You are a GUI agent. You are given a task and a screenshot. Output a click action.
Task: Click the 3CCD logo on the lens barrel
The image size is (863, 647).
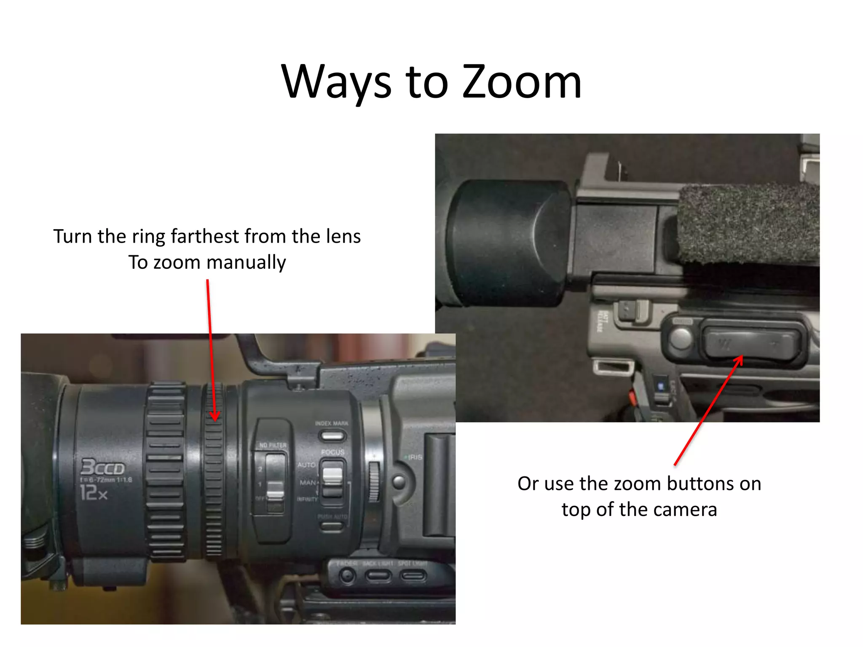coord(103,468)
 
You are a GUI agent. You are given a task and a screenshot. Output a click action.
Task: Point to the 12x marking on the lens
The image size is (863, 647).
coord(94,492)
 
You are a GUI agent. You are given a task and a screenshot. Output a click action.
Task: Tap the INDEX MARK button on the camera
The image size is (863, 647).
coord(332,436)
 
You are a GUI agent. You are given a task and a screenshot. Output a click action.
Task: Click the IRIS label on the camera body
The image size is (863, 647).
coord(415,457)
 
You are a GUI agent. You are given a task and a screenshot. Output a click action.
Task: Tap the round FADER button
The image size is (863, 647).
coord(347,575)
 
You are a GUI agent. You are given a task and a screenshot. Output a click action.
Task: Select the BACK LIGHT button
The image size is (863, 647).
coord(378,575)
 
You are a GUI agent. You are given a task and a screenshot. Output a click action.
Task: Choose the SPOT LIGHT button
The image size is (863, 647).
coord(413,575)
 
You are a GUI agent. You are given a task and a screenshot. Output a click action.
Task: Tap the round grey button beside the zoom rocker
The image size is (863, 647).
coord(680,338)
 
